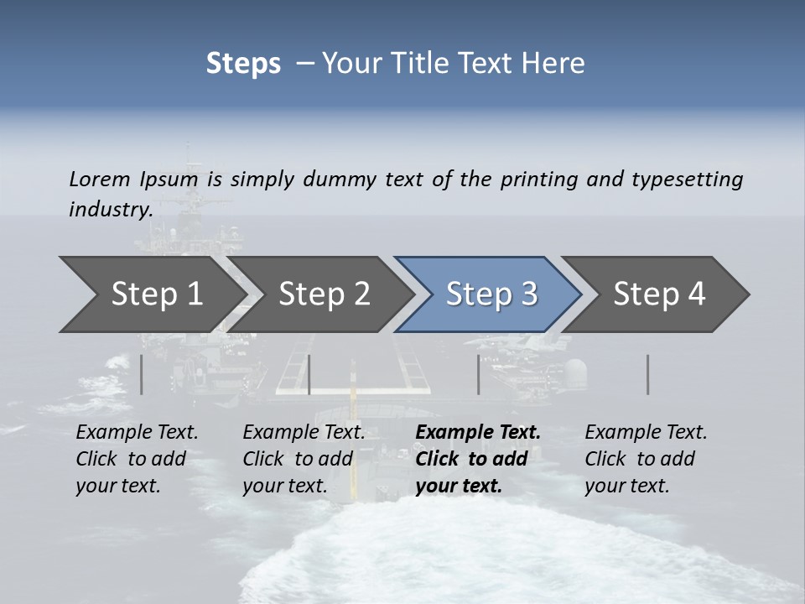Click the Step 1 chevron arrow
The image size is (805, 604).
(x=157, y=294)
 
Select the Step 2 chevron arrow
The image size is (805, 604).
(x=325, y=294)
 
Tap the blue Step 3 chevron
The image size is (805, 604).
(x=491, y=294)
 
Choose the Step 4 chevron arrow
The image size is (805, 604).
(x=659, y=294)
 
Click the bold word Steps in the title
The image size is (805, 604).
(x=243, y=63)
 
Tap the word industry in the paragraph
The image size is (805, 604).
(x=110, y=209)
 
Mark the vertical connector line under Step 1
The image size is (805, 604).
(x=142, y=374)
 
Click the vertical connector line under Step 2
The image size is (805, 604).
(x=309, y=374)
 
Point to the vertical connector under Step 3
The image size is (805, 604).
(x=479, y=374)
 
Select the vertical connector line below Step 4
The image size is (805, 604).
(x=648, y=374)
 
